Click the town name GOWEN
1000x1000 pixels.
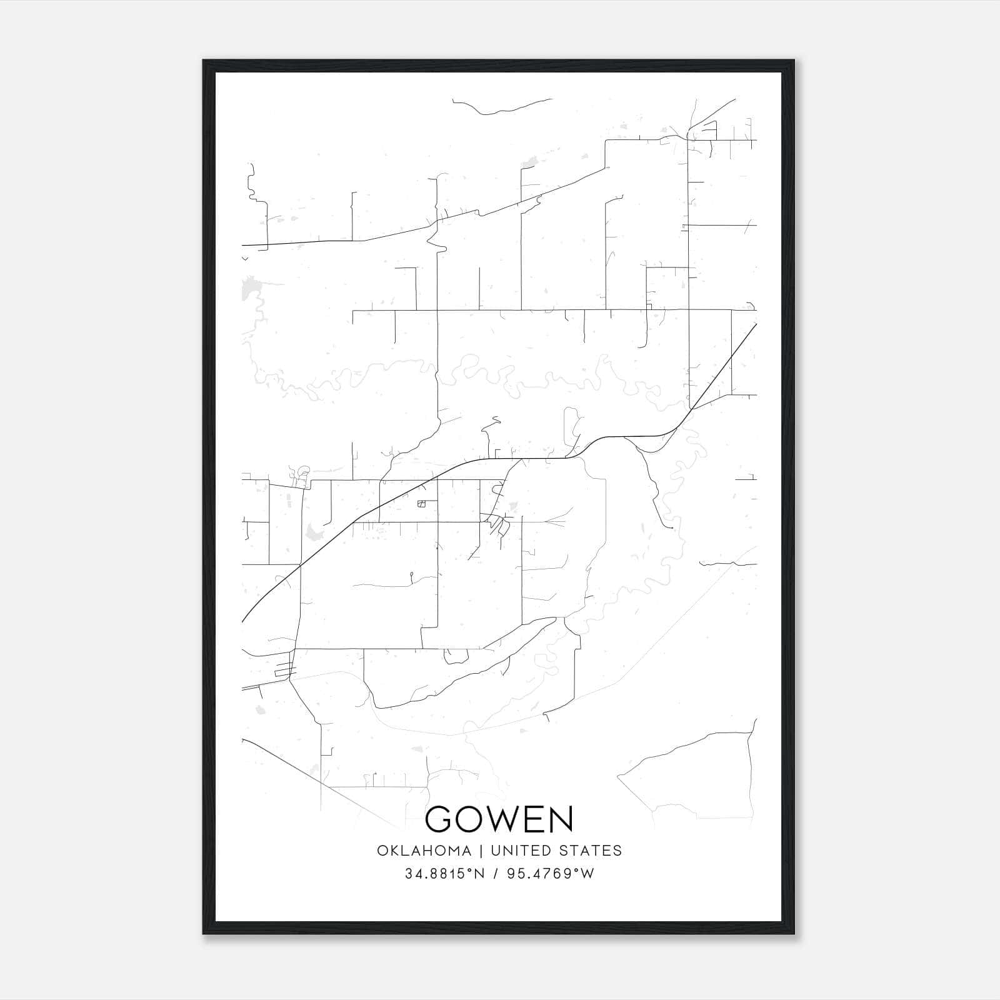499,819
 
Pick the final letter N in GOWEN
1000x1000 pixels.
561,819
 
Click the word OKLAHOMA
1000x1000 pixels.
424,851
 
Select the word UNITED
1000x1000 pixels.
521,851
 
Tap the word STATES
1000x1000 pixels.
590,851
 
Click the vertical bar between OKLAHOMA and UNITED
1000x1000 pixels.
481,851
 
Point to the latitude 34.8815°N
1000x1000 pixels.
445,874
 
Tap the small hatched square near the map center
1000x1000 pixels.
421,504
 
